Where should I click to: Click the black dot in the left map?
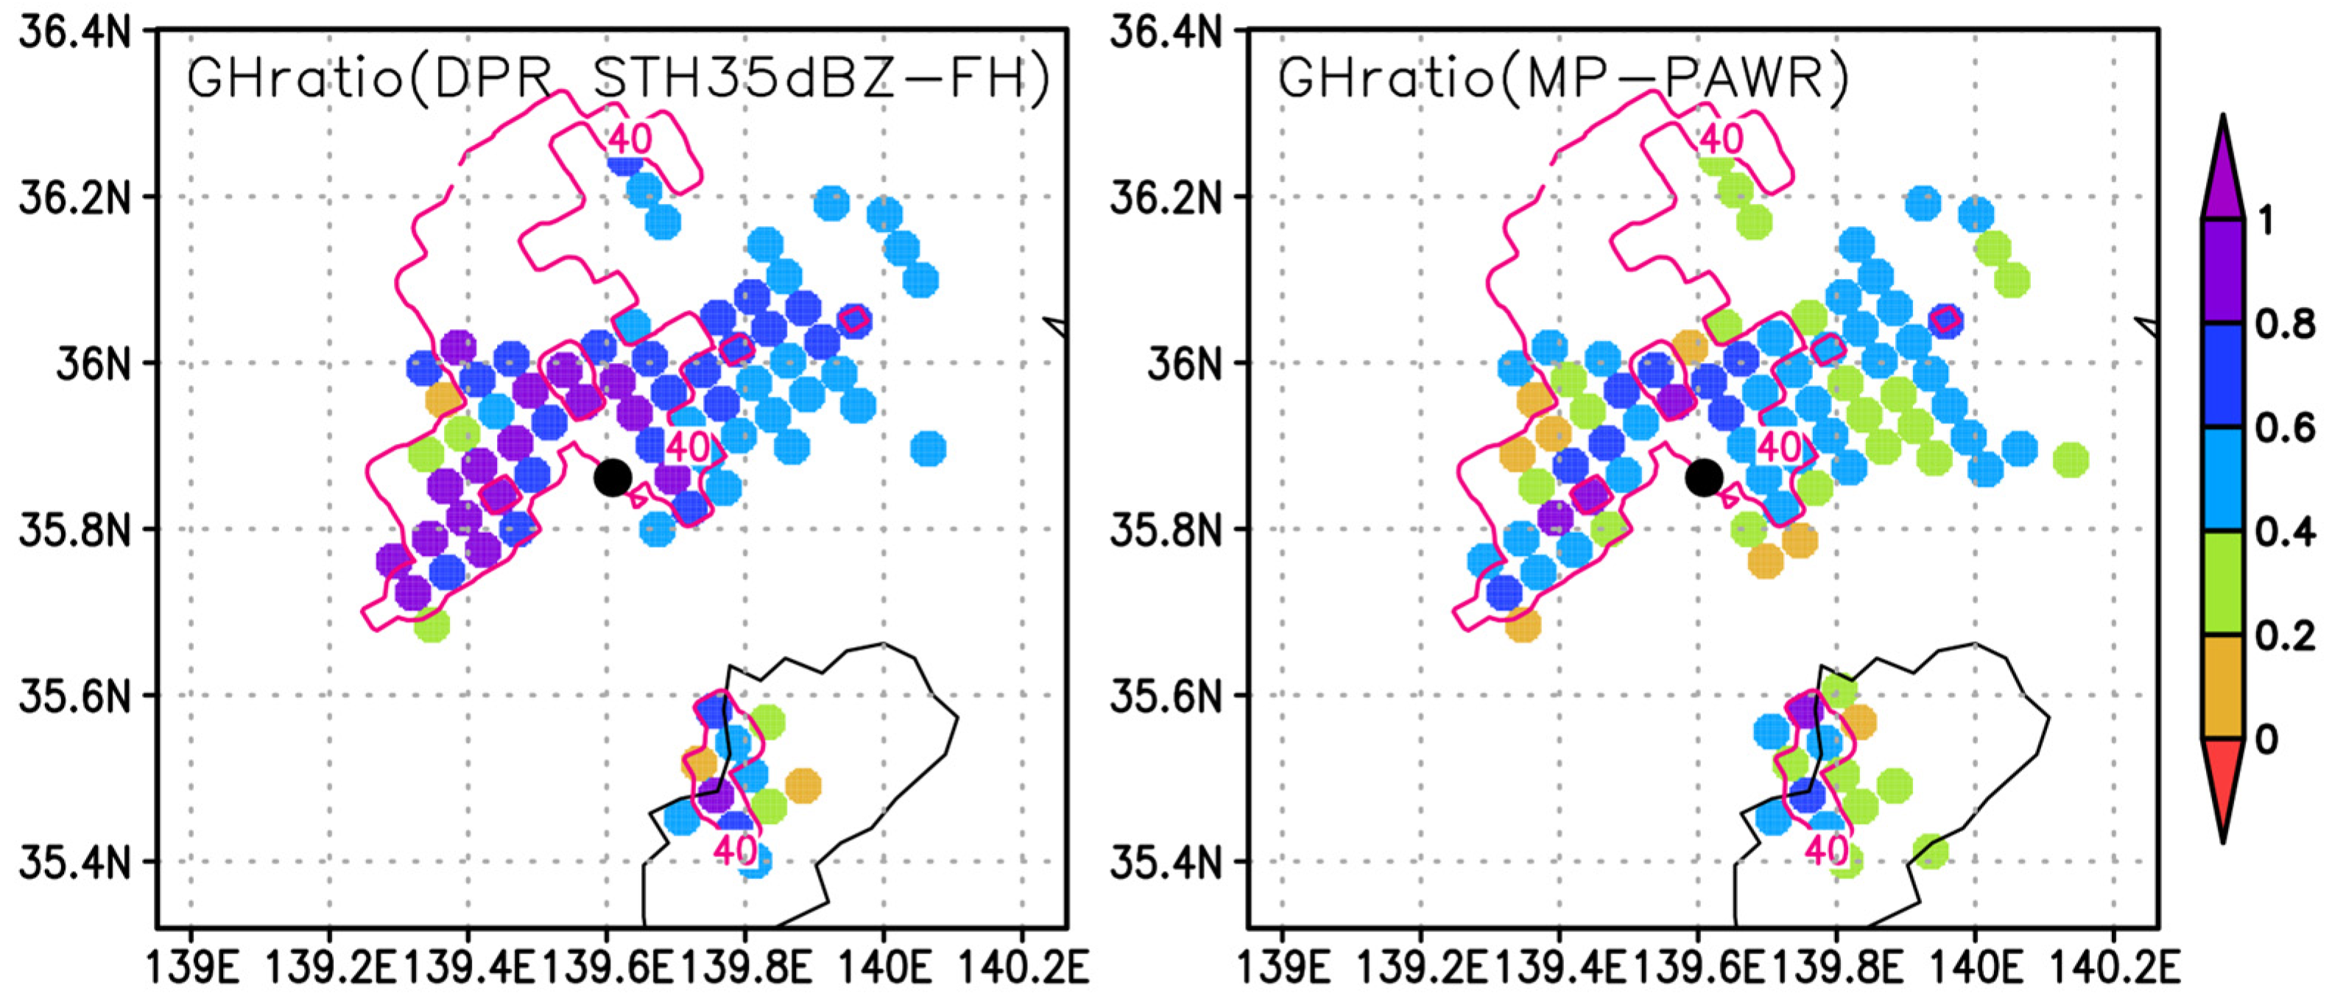(612, 476)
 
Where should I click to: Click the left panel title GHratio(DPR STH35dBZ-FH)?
(618, 78)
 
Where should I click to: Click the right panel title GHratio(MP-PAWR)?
(1562, 78)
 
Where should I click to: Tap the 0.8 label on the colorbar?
(2285, 324)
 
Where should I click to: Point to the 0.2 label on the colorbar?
(2285, 636)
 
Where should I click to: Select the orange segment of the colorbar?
(2222, 688)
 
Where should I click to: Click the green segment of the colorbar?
(2222, 583)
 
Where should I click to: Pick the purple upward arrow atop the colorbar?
(2222, 172)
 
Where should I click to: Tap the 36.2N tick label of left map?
(75, 197)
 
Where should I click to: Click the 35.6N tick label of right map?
(1166, 696)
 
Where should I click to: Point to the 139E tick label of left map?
(190, 970)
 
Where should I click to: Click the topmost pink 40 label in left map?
(630, 138)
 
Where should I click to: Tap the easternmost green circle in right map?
(2071, 459)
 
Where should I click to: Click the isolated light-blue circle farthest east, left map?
(928, 448)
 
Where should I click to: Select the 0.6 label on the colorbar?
(2285, 428)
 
